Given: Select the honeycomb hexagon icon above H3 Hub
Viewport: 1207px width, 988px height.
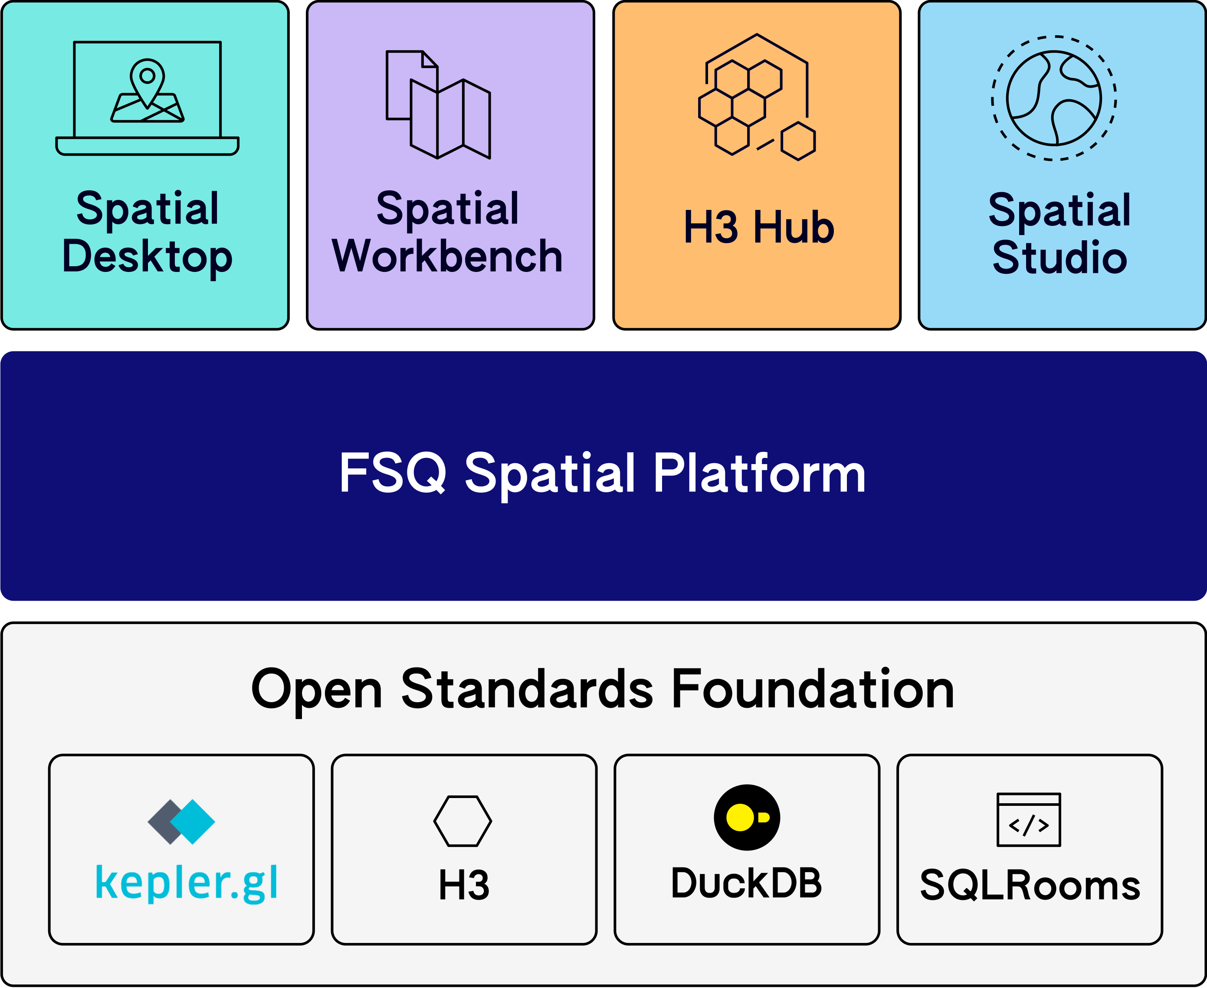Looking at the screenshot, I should [x=757, y=97].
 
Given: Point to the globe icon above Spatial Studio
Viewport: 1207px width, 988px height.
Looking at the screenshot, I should [x=1054, y=98].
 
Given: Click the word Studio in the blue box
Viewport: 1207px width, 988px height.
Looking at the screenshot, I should [x=1059, y=258].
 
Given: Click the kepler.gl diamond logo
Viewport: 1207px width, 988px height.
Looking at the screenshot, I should [x=181, y=822].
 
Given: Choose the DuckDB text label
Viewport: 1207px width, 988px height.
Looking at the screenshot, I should [x=746, y=883].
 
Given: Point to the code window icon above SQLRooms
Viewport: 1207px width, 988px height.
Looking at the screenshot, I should [x=1029, y=820].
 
